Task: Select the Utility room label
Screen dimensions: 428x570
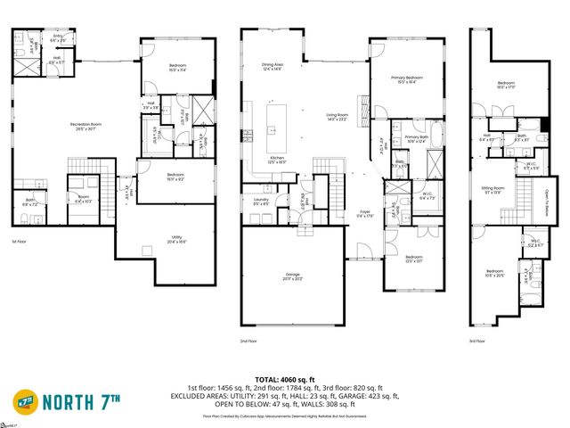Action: tap(176, 238)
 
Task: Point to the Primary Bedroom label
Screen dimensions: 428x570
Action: tap(408, 79)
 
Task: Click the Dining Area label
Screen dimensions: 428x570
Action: tap(273, 67)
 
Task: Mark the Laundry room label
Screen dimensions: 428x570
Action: tap(261, 202)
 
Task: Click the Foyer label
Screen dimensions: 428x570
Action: tap(364, 213)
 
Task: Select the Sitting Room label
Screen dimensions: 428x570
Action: tap(505, 191)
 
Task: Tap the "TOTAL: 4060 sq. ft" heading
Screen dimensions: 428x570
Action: tap(284, 378)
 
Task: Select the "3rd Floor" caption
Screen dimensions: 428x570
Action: tap(477, 341)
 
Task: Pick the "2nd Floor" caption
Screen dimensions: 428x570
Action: tap(248, 341)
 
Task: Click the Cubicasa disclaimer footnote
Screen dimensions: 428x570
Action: tap(284, 416)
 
